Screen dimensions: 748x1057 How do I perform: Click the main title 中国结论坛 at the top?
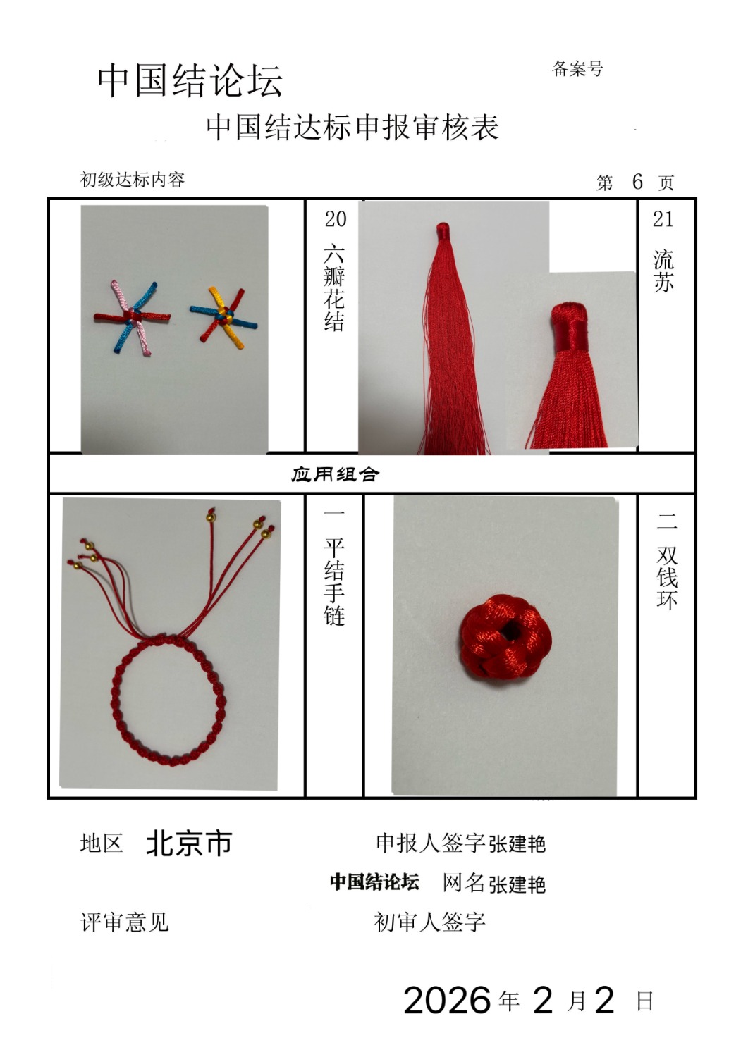(190, 81)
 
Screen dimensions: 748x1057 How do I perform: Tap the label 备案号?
(577, 69)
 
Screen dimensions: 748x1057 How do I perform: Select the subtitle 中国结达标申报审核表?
(352, 128)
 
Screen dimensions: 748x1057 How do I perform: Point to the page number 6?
(637, 181)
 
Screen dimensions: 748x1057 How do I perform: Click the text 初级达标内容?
(133, 179)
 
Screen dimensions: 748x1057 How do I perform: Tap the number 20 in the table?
(336, 219)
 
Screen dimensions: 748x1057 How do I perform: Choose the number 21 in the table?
(663, 219)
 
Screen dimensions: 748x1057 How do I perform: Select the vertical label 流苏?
(663, 271)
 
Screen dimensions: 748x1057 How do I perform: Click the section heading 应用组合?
(335, 474)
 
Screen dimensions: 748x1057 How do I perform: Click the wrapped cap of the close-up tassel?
(570, 326)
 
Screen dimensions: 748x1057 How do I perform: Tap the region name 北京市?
(189, 843)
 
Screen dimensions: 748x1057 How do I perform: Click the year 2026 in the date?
(447, 1000)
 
